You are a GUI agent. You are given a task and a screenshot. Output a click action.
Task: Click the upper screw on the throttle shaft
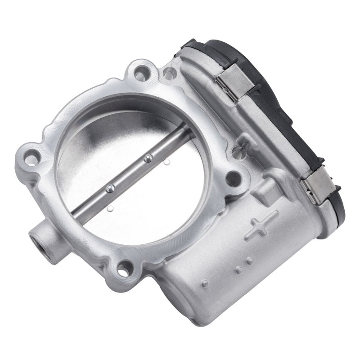[147, 157]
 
